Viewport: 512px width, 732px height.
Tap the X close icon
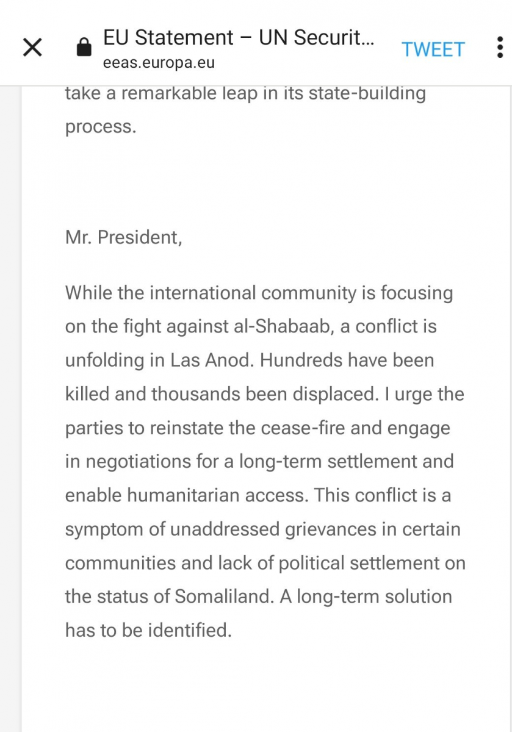(x=32, y=48)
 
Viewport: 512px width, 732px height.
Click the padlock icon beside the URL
(x=84, y=48)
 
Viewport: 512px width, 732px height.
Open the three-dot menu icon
(x=499, y=48)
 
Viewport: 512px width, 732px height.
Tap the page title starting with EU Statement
(x=239, y=38)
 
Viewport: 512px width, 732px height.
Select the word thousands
(x=196, y=393)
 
